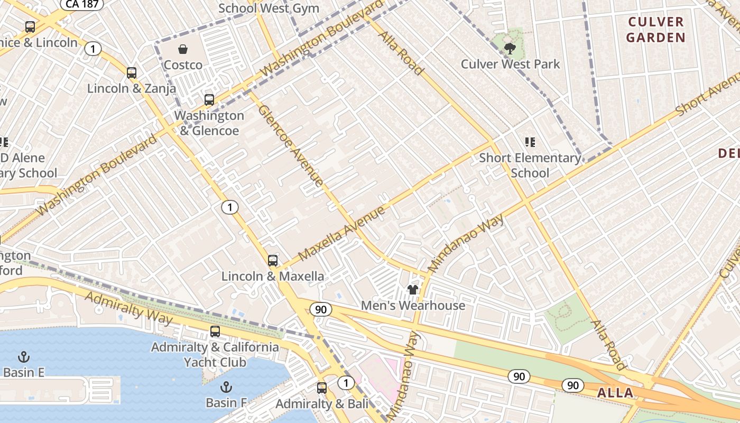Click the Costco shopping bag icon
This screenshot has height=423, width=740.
click(183, 49)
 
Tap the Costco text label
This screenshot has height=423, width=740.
click(183, 65)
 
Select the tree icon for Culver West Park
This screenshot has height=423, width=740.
click(510, 49)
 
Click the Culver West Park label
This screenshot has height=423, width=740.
click(510, 64)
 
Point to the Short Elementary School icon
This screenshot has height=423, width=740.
click(530, 142)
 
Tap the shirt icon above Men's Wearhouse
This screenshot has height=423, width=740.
click(413, 290)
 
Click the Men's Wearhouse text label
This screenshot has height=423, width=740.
click(413, 305)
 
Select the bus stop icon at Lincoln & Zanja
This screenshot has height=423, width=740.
click(132, 73)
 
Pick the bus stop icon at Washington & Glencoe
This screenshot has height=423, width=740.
click(209, 100)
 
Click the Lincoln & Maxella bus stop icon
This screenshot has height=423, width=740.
click(273, 260)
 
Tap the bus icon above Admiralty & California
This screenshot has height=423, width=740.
click(215, 332)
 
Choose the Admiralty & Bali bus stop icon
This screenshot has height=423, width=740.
click(322, 388)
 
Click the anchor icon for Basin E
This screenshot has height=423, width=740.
click(23, 356)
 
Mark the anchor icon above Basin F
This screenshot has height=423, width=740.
click(226, 387)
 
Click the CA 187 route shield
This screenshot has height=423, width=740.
click(81, 4)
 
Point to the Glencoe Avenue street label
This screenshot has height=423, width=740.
click(290, 145)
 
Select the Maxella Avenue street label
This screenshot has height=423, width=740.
click(341, 234)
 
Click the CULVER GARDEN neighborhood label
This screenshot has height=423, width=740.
click(656, 30)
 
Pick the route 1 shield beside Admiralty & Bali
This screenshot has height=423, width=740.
click(346, 383)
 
